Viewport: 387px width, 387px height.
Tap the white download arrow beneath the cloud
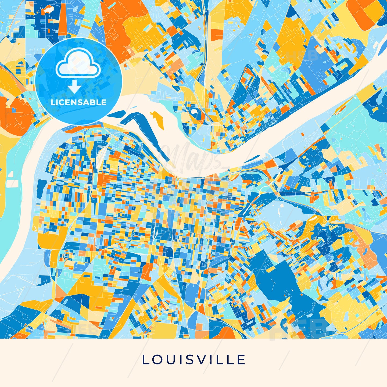click(74, 87)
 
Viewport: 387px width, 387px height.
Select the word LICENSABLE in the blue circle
click(78, 102)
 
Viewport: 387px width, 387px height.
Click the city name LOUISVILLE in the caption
click(193, 360)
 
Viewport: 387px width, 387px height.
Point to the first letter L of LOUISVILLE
click(145, 360)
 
